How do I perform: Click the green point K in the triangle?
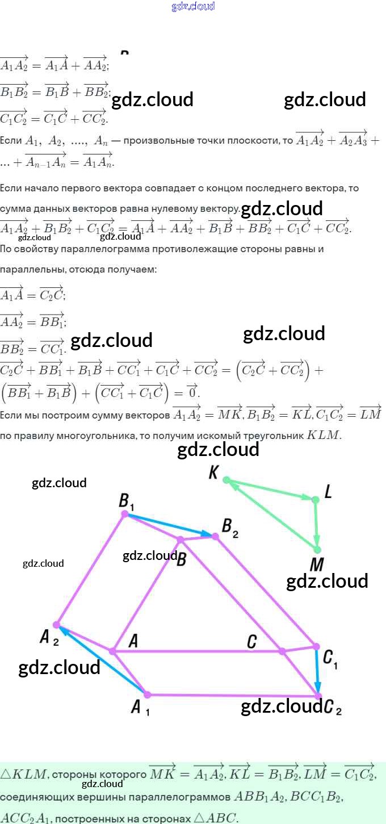226,480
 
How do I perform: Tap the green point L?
316,499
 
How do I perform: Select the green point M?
317,549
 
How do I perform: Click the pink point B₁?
125,514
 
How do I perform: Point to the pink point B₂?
215,536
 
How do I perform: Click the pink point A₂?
56,625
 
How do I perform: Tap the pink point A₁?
147,695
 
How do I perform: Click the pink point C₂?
318,696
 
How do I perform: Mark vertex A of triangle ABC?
112,651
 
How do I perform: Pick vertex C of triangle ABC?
282,651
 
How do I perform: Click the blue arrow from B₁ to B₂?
170,525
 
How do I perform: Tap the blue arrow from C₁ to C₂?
317,671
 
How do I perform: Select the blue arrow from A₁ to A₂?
102,660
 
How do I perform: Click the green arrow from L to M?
317,524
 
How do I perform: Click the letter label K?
213,472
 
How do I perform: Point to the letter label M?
317,565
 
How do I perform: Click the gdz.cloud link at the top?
193,7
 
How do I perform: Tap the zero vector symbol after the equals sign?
192,391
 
